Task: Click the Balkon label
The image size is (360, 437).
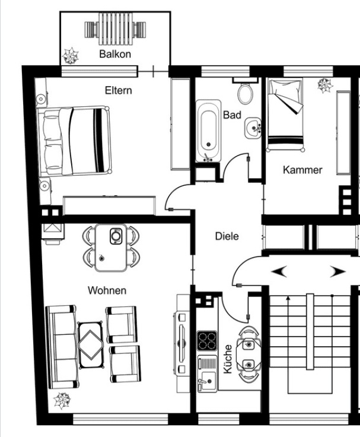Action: (x=115, y=54)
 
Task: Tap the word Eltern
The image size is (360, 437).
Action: (x=118, y=91)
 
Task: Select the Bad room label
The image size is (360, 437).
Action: (x=232, y=115)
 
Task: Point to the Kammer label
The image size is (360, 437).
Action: (x=302, y=170)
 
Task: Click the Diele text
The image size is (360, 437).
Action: (x=227, y=236)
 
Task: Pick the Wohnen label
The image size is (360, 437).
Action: (x=107, y=290)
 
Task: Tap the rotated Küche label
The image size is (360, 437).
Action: (x=228, y=359)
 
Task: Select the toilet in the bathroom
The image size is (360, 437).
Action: (x=245, y=93)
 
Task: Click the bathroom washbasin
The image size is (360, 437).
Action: (x=254, y=127)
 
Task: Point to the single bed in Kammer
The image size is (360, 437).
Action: (x=285, y=114)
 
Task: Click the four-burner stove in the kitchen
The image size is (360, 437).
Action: (x=207, y=340)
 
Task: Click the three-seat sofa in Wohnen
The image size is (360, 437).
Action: (x=60, y=345)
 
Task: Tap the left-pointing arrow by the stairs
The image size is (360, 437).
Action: (x=279, y=271)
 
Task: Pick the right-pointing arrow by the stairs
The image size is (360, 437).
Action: (x=337, y=271)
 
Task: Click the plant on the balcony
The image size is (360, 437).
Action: (x=71, y=56)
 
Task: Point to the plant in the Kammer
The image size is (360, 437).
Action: (x=324, y=86)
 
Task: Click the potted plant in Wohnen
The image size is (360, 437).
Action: (x=62, y=401)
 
